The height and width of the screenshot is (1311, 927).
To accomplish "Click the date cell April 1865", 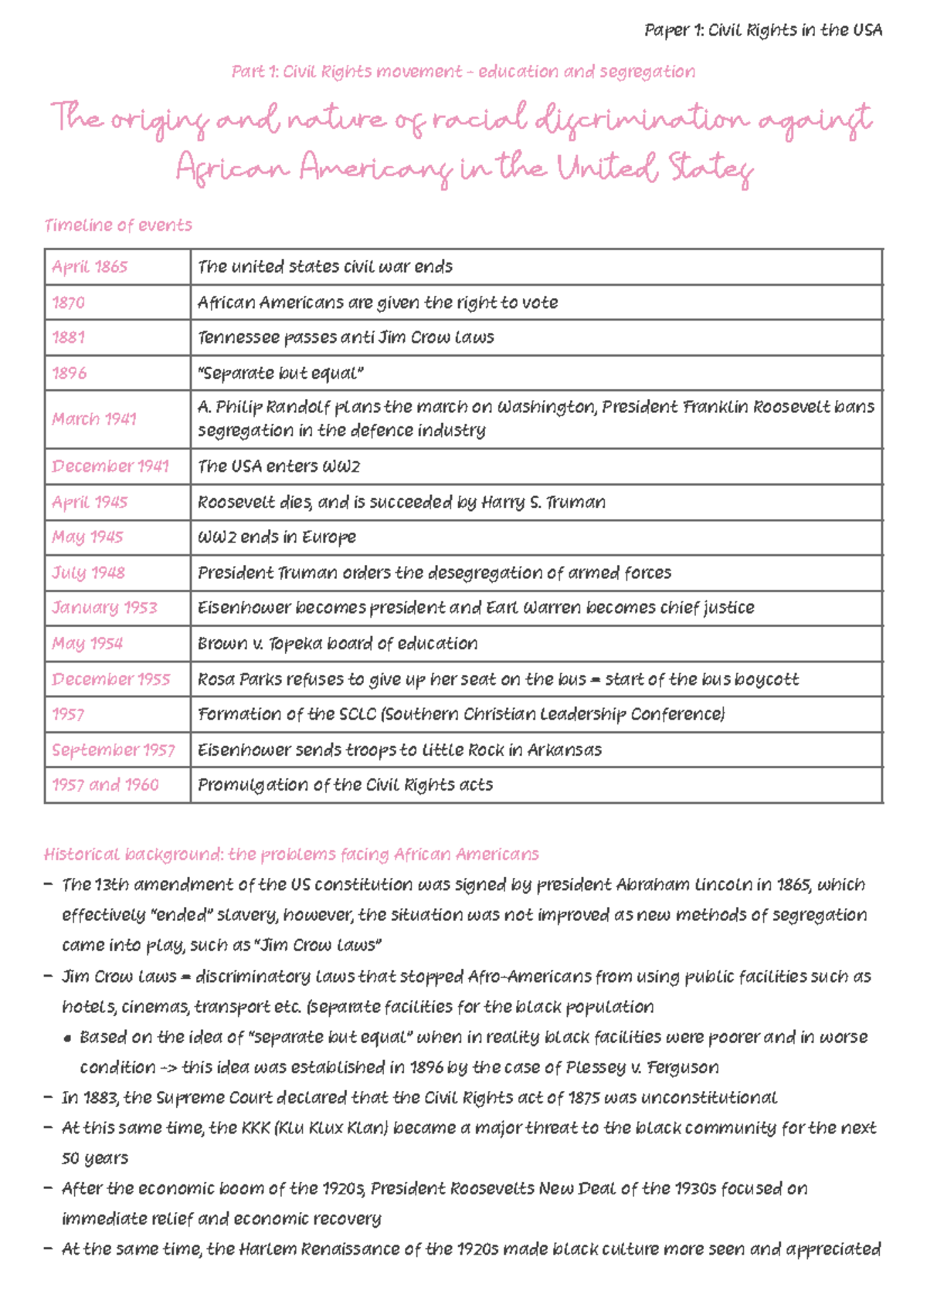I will pyautogui.click(x=90, y=267).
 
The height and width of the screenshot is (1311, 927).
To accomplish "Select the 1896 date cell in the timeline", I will pyautogui.click(x=70, y=374).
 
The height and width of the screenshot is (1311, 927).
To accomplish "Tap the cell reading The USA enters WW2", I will pyautogui.click(x=278, y=466).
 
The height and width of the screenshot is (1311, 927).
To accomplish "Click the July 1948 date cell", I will pyautogui.click(x=88, y=573).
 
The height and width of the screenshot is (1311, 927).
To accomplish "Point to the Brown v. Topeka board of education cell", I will pyautogui.click(x=338, y=644).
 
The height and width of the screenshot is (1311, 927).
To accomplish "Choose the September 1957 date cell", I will pyautogui.click(x=114, y=750).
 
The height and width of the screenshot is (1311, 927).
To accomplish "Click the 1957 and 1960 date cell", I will pyautogui.click(x=105, y=785).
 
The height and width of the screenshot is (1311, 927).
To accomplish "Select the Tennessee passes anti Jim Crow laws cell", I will pyautogui.click(x=345, y=338).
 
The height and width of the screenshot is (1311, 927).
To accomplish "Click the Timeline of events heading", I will pyautogui.click(x=118, y=225).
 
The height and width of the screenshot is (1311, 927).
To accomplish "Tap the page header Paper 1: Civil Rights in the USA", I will pyautogui.click(x=762, y=31).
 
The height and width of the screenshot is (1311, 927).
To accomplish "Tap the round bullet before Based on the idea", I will pyautogui.click(x=68, y=1039).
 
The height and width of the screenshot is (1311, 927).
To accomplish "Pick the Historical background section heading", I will pyautogui.click(x=291, y=855).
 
